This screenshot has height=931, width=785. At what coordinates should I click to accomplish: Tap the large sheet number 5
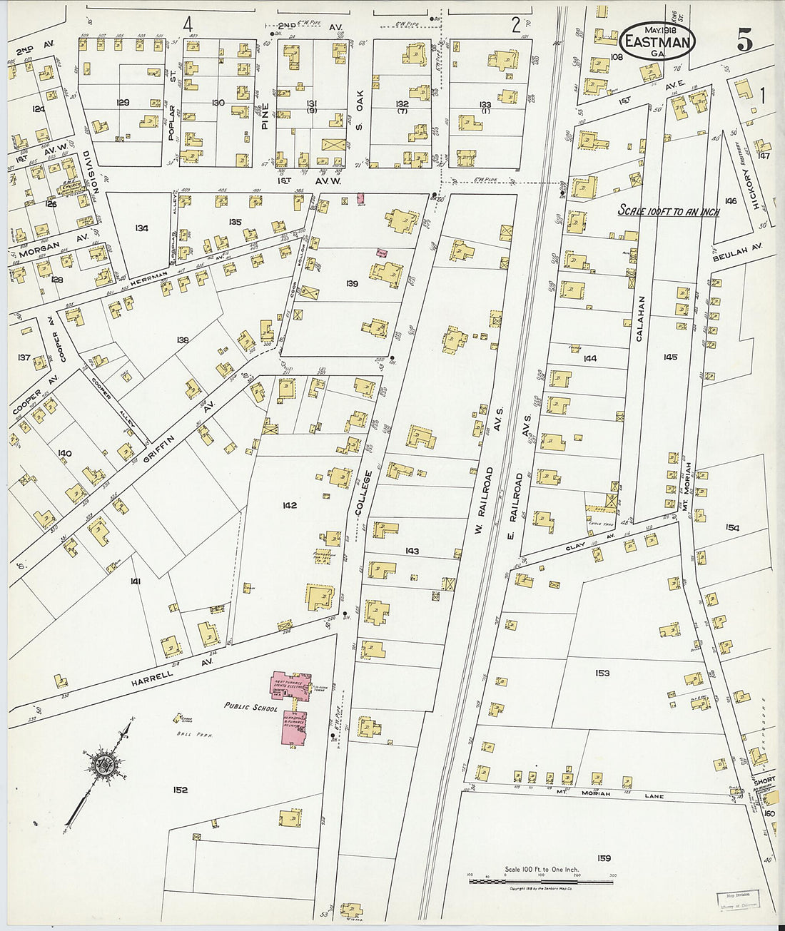[744, 42]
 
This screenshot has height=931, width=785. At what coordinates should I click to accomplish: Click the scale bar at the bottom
[540, 882]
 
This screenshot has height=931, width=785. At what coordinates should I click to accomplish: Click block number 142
[289, 505]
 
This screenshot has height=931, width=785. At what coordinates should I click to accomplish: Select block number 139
[352, 284]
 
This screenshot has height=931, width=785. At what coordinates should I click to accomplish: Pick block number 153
[602, 673]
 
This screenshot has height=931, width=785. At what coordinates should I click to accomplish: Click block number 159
[604, 858]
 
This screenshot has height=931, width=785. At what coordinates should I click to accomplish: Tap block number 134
[141, 228]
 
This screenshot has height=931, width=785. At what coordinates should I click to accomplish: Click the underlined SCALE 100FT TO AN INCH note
[668, 212]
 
